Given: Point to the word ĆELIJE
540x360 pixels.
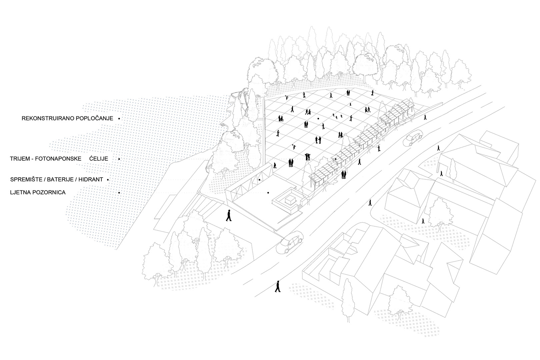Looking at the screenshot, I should [x=98, y=159].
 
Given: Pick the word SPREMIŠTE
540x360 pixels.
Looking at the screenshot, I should [x=26, y=180].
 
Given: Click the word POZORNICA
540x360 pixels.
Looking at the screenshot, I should [x=49, y=192].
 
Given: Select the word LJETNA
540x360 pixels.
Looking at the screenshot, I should [x=19, y=192].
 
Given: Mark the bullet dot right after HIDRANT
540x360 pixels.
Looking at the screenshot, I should [x=108, y=180].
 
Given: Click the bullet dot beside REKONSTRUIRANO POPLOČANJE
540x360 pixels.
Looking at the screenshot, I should [x=119, y=118].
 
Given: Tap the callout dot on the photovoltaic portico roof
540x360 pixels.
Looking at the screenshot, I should [x=336, y=159].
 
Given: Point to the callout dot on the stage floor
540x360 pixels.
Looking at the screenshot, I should [x=268, y=192].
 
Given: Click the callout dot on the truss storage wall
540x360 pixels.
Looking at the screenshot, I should [x=259, y=180].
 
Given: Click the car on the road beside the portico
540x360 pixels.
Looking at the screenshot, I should [x=413, y=138].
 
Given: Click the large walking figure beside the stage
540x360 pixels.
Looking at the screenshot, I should [x=229, y=216].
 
